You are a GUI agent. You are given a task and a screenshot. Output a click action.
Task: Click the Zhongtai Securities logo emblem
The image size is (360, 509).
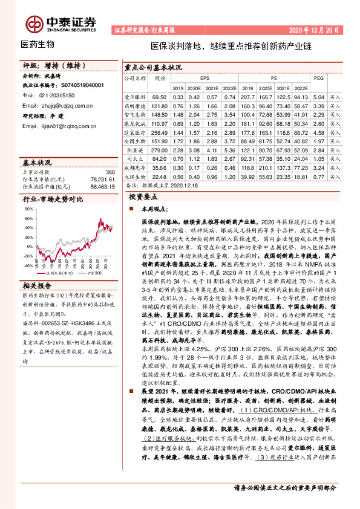tap(34, 22)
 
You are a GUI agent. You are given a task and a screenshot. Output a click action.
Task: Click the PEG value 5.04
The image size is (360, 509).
tap(319, 97)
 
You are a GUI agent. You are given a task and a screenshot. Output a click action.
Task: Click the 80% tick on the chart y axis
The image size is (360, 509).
tap(28, 209)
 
